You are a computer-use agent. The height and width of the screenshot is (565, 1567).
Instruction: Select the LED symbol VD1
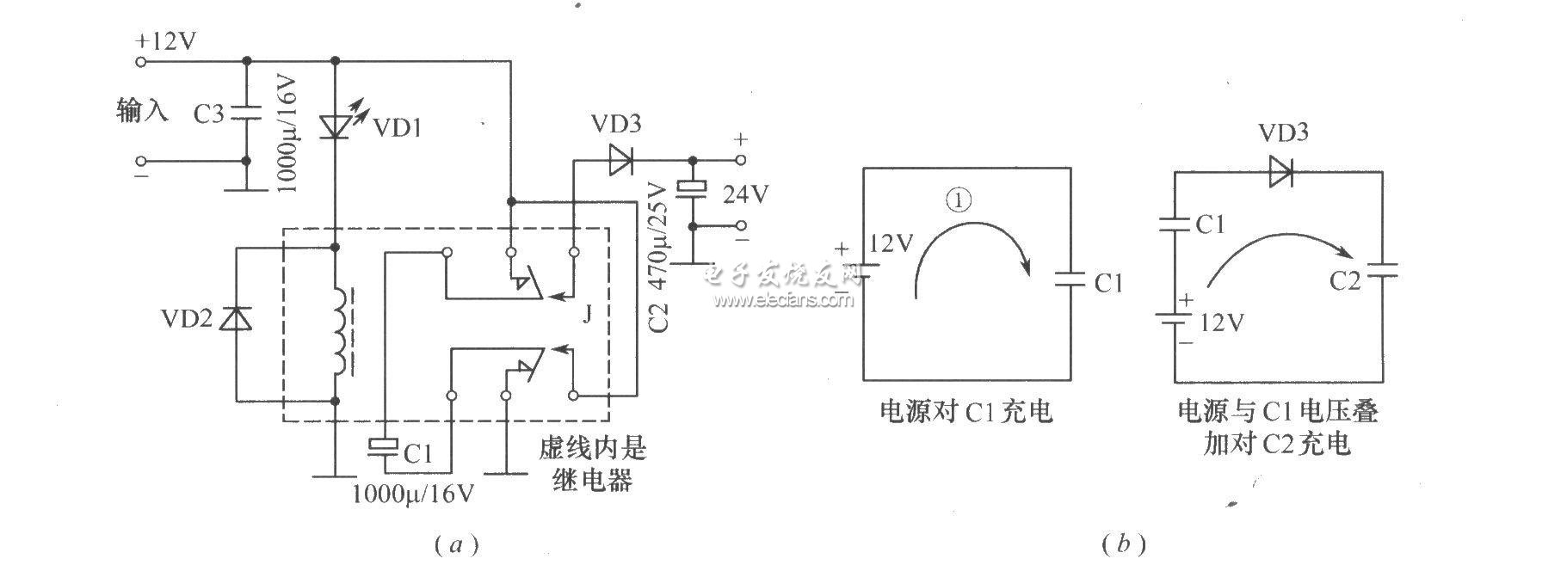point(336,127)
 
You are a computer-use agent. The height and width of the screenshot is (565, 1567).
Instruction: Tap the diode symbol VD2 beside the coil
point(236,319)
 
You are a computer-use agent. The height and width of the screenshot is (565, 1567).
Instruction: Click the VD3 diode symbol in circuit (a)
point(619,160)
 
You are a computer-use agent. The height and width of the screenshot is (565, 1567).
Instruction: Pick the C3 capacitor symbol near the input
point(246,112)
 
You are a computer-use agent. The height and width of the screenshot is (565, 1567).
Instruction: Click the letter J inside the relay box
point(587,315)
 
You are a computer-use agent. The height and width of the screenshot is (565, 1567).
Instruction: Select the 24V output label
point(745,195)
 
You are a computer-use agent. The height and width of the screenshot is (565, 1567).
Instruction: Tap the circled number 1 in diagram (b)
point(959,200)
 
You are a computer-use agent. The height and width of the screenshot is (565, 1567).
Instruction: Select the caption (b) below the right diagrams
point(1123,544)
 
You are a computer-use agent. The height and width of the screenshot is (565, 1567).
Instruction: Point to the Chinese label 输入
point(142,111)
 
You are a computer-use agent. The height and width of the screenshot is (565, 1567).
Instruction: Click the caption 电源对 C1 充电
point(965,412)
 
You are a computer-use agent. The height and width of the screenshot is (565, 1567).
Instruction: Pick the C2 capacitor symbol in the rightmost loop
point(1382,269)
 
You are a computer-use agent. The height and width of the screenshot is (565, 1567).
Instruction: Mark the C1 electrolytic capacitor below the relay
point(384,446)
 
